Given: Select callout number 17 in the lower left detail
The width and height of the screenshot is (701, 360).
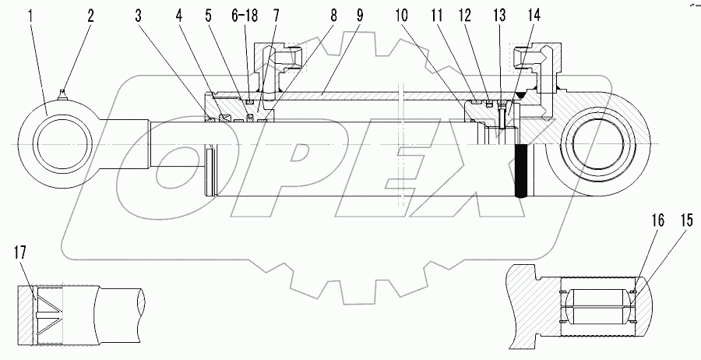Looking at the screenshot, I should [x=22, y=252].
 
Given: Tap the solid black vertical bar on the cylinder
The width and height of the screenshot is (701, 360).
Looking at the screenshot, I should [x=523, y=171].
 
